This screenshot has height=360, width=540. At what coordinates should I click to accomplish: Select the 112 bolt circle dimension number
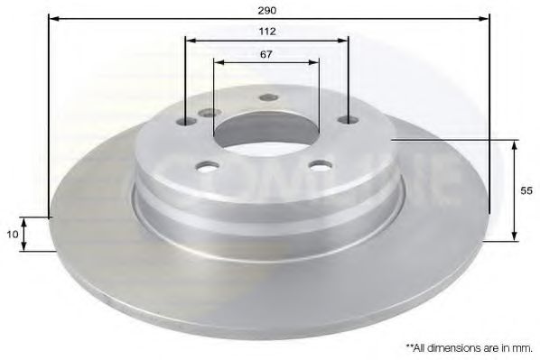(265, 31)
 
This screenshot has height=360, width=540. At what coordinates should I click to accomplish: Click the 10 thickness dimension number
(12, 234)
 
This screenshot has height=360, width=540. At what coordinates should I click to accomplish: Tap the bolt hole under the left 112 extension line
(188, 123)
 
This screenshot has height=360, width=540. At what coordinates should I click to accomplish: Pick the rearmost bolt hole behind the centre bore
(266, 97)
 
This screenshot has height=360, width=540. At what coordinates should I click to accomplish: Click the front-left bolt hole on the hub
(209, 167)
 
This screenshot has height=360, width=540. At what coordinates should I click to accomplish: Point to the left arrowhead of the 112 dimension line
(189, 40)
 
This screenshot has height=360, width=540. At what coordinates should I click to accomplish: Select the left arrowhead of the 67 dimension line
(218, 62)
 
